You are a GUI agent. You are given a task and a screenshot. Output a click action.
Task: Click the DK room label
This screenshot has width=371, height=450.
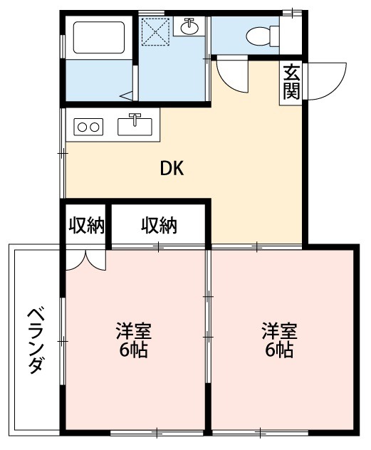click(x=172, y=169)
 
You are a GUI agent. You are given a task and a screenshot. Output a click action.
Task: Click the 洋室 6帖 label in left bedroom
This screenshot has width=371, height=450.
click(x=132, y=340)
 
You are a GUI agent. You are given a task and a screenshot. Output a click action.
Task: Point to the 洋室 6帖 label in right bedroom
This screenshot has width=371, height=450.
click(x=278, y=340)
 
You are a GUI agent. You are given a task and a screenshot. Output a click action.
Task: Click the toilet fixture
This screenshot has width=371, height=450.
click(x=261, y=34)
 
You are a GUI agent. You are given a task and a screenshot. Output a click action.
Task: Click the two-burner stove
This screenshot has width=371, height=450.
click(x=88, y=127)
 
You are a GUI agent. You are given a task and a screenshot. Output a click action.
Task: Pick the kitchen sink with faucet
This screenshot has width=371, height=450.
click(x=135, y=125)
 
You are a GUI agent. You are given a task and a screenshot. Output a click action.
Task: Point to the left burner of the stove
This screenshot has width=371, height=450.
click(x=82, y=127)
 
